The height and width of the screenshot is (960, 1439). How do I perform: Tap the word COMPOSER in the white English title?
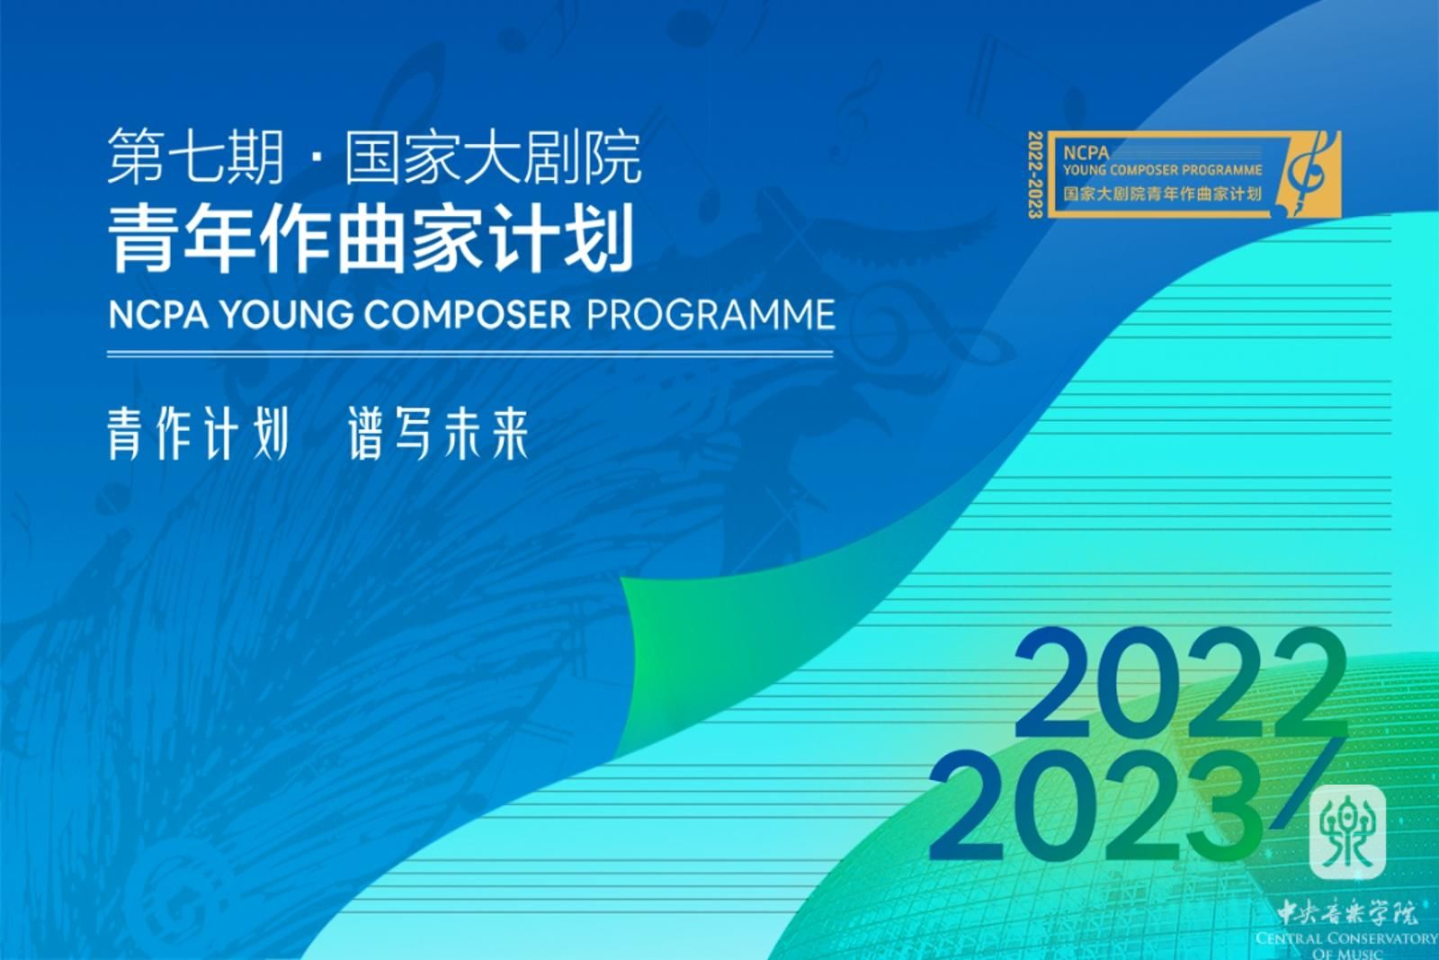pyautogui.click(x=467, y=314)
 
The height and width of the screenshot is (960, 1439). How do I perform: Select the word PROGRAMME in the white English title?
pyautogui.click(x=711, y=314)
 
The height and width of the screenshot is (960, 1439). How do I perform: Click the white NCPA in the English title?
pyautogui.click(x=158, y=314)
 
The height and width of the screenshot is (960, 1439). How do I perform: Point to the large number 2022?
pyautogui.click(x=1181, y=683)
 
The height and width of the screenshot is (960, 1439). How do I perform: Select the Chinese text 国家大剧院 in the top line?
pyautogui.click(x=494, y=157)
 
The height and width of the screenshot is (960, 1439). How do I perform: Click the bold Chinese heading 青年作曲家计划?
pyautogui.click(x=371, y=238)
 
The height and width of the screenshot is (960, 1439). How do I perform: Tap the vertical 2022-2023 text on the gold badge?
pyautogui.click(x=1035, y=175)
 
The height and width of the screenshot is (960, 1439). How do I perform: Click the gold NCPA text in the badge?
pyautogui.click(x=1086, y=153)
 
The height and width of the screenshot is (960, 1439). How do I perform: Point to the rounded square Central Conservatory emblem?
pyautogui.click(x=1347, y=831)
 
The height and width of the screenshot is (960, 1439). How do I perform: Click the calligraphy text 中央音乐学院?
pyautogui.click(x=1346, y=911)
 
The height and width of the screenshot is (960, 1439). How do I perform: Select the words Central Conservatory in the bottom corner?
pyautogui.click(x=1346, y=938)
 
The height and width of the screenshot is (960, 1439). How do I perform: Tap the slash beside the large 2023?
pyautogui.click(x=1309, y=783)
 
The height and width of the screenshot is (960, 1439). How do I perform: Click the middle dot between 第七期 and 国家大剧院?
pyautogui.click(x=315, y=158)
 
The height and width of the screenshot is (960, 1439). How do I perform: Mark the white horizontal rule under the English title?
pyautogui.click(x=470, y=354)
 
